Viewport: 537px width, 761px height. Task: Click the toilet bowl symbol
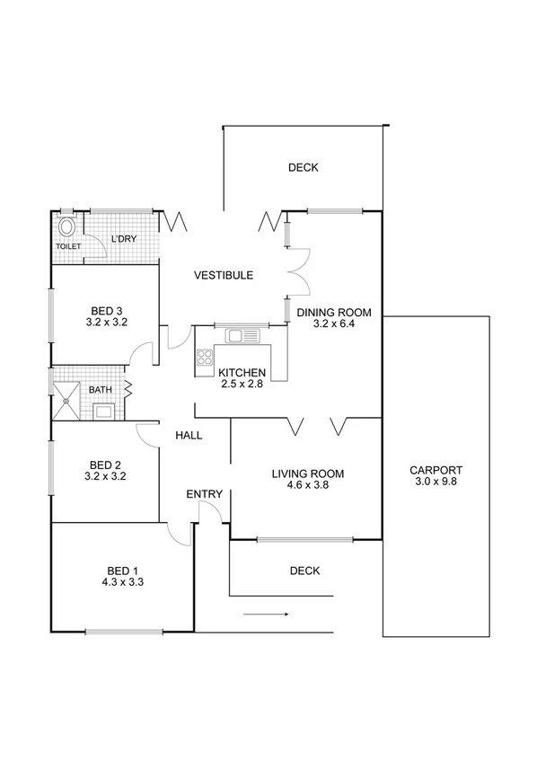click(x=66, y=226)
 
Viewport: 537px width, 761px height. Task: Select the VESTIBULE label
click(x=224, y=276)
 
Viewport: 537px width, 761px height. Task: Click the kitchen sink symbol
click(x=241, y=336)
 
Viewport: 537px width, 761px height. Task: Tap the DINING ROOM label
click(x=333, y=313)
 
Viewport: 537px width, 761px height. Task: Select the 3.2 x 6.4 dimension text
click(x=333, y=324)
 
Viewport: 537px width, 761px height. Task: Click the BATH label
click(x=100, y=390)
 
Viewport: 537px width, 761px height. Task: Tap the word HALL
click(x=189, y=436)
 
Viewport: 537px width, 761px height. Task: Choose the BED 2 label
click(x=105, y=465)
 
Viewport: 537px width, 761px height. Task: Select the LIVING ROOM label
click(x=308, y=473)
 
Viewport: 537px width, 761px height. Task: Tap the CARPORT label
click(x=436, y=470)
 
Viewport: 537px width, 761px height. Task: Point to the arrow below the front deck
click(x=266, y=615)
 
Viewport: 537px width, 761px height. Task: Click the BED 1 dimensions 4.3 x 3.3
click(x=123, y=582)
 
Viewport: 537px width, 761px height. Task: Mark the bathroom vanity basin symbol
click(x=104, y=412)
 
